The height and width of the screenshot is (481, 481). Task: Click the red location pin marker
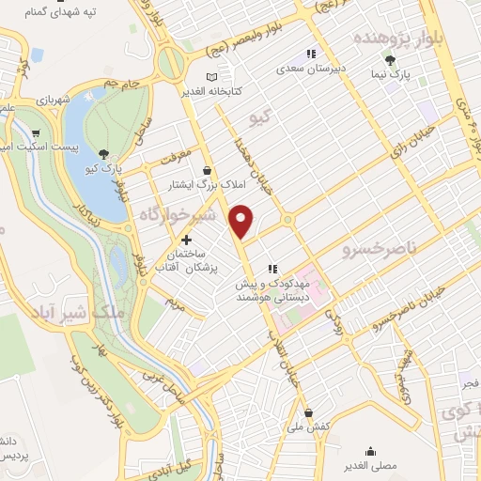coord(242,221)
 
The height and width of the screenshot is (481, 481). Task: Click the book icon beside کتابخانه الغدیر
coord(211,75)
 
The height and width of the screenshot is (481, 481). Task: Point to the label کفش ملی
coord(309,427)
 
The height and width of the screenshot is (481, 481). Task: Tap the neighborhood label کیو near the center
coord(259,118)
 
